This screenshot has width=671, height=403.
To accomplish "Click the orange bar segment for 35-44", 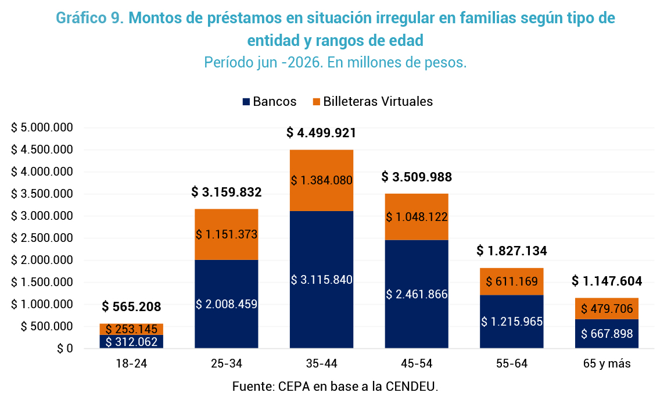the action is (x=321, y=180).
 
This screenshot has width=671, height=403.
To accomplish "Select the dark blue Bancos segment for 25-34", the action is (x=227, y=304).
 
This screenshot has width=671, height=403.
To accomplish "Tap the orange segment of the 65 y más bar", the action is (x=607, y=308).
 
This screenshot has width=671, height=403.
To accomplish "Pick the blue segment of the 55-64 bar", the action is (x=512, y=322).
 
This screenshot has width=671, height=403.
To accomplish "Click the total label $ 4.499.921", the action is (x=321, y=133).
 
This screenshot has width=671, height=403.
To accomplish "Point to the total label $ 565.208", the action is (x=131, y=306).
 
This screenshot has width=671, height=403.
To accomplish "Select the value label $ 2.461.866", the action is (x=417, y=294).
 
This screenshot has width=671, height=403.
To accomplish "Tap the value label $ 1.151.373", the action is (x=227, y=234).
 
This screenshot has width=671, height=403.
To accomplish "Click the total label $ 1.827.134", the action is (x=512, y=251).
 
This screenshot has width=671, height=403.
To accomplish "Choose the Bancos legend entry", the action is (x=269, y=102).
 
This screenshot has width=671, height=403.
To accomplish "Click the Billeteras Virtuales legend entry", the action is (x=373, y=102).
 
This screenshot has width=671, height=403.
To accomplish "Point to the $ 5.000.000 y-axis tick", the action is (x=42, y=127).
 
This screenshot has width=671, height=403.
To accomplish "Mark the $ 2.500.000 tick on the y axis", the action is (x=42, y=238).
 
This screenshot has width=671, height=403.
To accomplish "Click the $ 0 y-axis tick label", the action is (x=65, y=348).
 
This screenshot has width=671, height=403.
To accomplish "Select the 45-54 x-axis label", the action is (x=417, y=363).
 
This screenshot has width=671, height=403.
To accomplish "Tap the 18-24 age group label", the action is (x=131, y=363).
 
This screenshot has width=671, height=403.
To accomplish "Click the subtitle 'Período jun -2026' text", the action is (x=263, y=63).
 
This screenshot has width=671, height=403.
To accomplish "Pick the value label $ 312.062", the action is (x=131, y=342).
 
